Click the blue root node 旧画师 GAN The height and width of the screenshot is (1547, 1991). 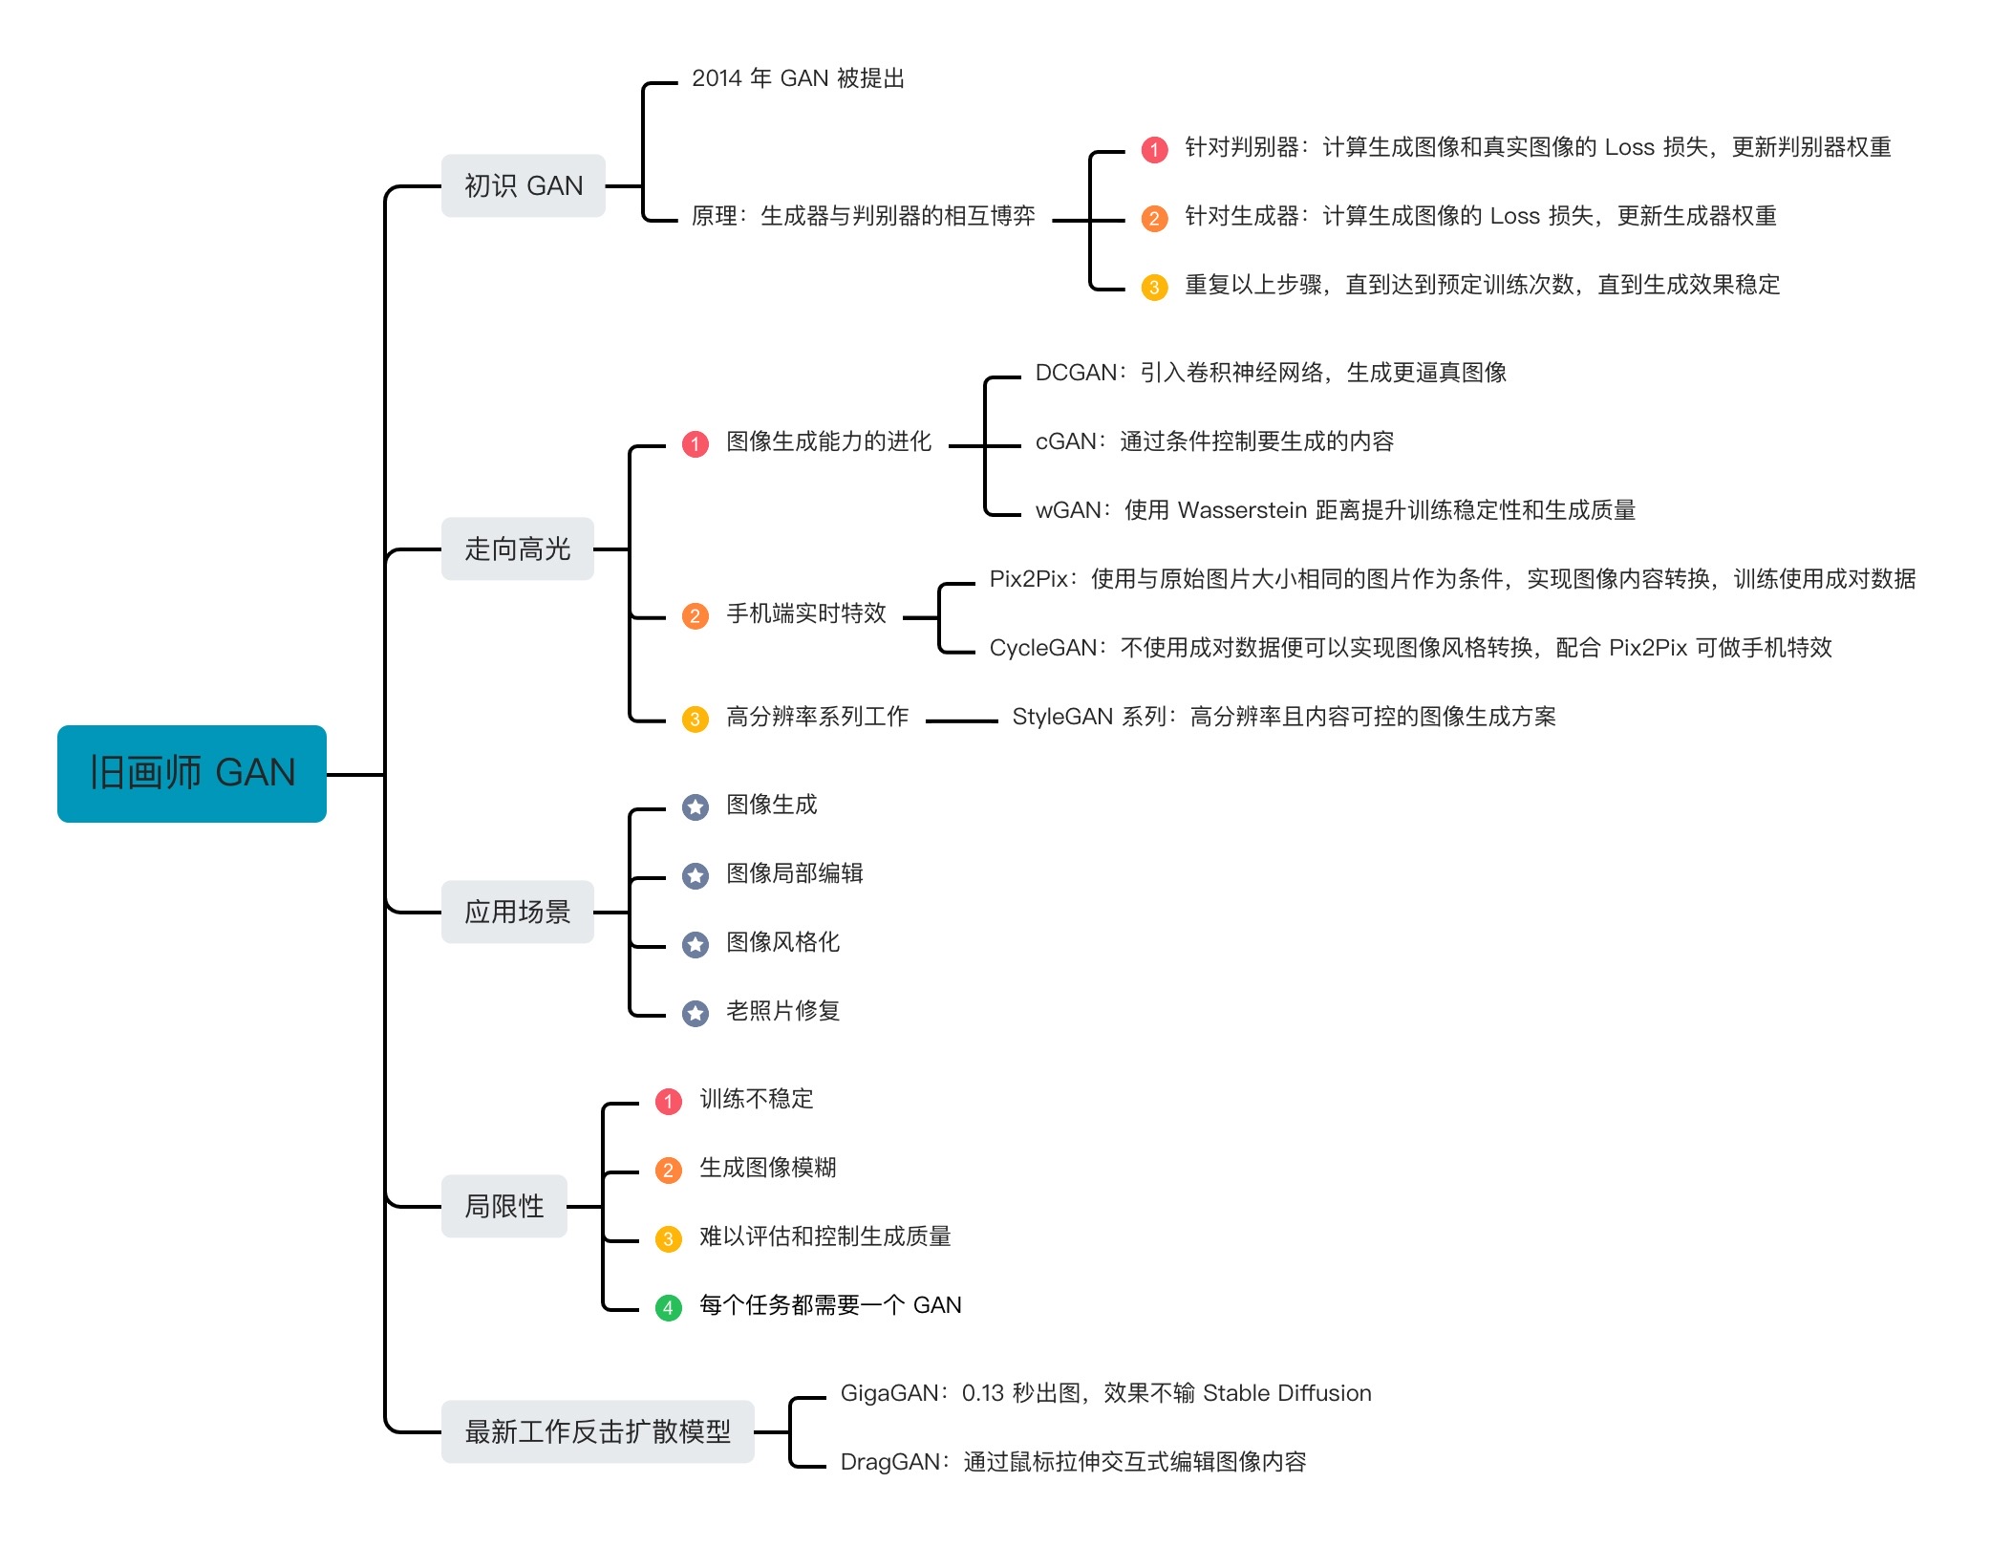pos(192,773)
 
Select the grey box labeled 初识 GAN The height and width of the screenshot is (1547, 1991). pos(523,185)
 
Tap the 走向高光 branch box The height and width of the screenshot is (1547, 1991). pos(517,548)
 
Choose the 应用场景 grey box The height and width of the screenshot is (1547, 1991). pos(517,912)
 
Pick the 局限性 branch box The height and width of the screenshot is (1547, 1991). pos(503,1206)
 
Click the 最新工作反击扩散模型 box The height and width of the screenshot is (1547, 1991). pos(597,1431)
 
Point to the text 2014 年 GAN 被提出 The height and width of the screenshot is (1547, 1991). pos(798,78)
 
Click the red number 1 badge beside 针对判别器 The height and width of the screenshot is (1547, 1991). pos(1154,149)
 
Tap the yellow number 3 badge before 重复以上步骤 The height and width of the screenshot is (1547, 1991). pos(1154,287)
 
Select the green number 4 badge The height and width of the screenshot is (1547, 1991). pos(669,1307)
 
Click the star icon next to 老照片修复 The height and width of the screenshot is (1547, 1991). pos(696,1013)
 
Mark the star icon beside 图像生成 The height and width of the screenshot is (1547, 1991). pos(696,806)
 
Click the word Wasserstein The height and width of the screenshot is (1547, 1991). pos(1242,510)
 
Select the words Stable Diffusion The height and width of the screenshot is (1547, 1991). pos(1287,1393)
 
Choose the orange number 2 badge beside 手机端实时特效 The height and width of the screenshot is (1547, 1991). pos(696,615)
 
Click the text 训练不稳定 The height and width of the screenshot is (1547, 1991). pos(756,1099)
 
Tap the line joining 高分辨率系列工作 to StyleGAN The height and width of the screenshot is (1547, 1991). pos(961,720)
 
